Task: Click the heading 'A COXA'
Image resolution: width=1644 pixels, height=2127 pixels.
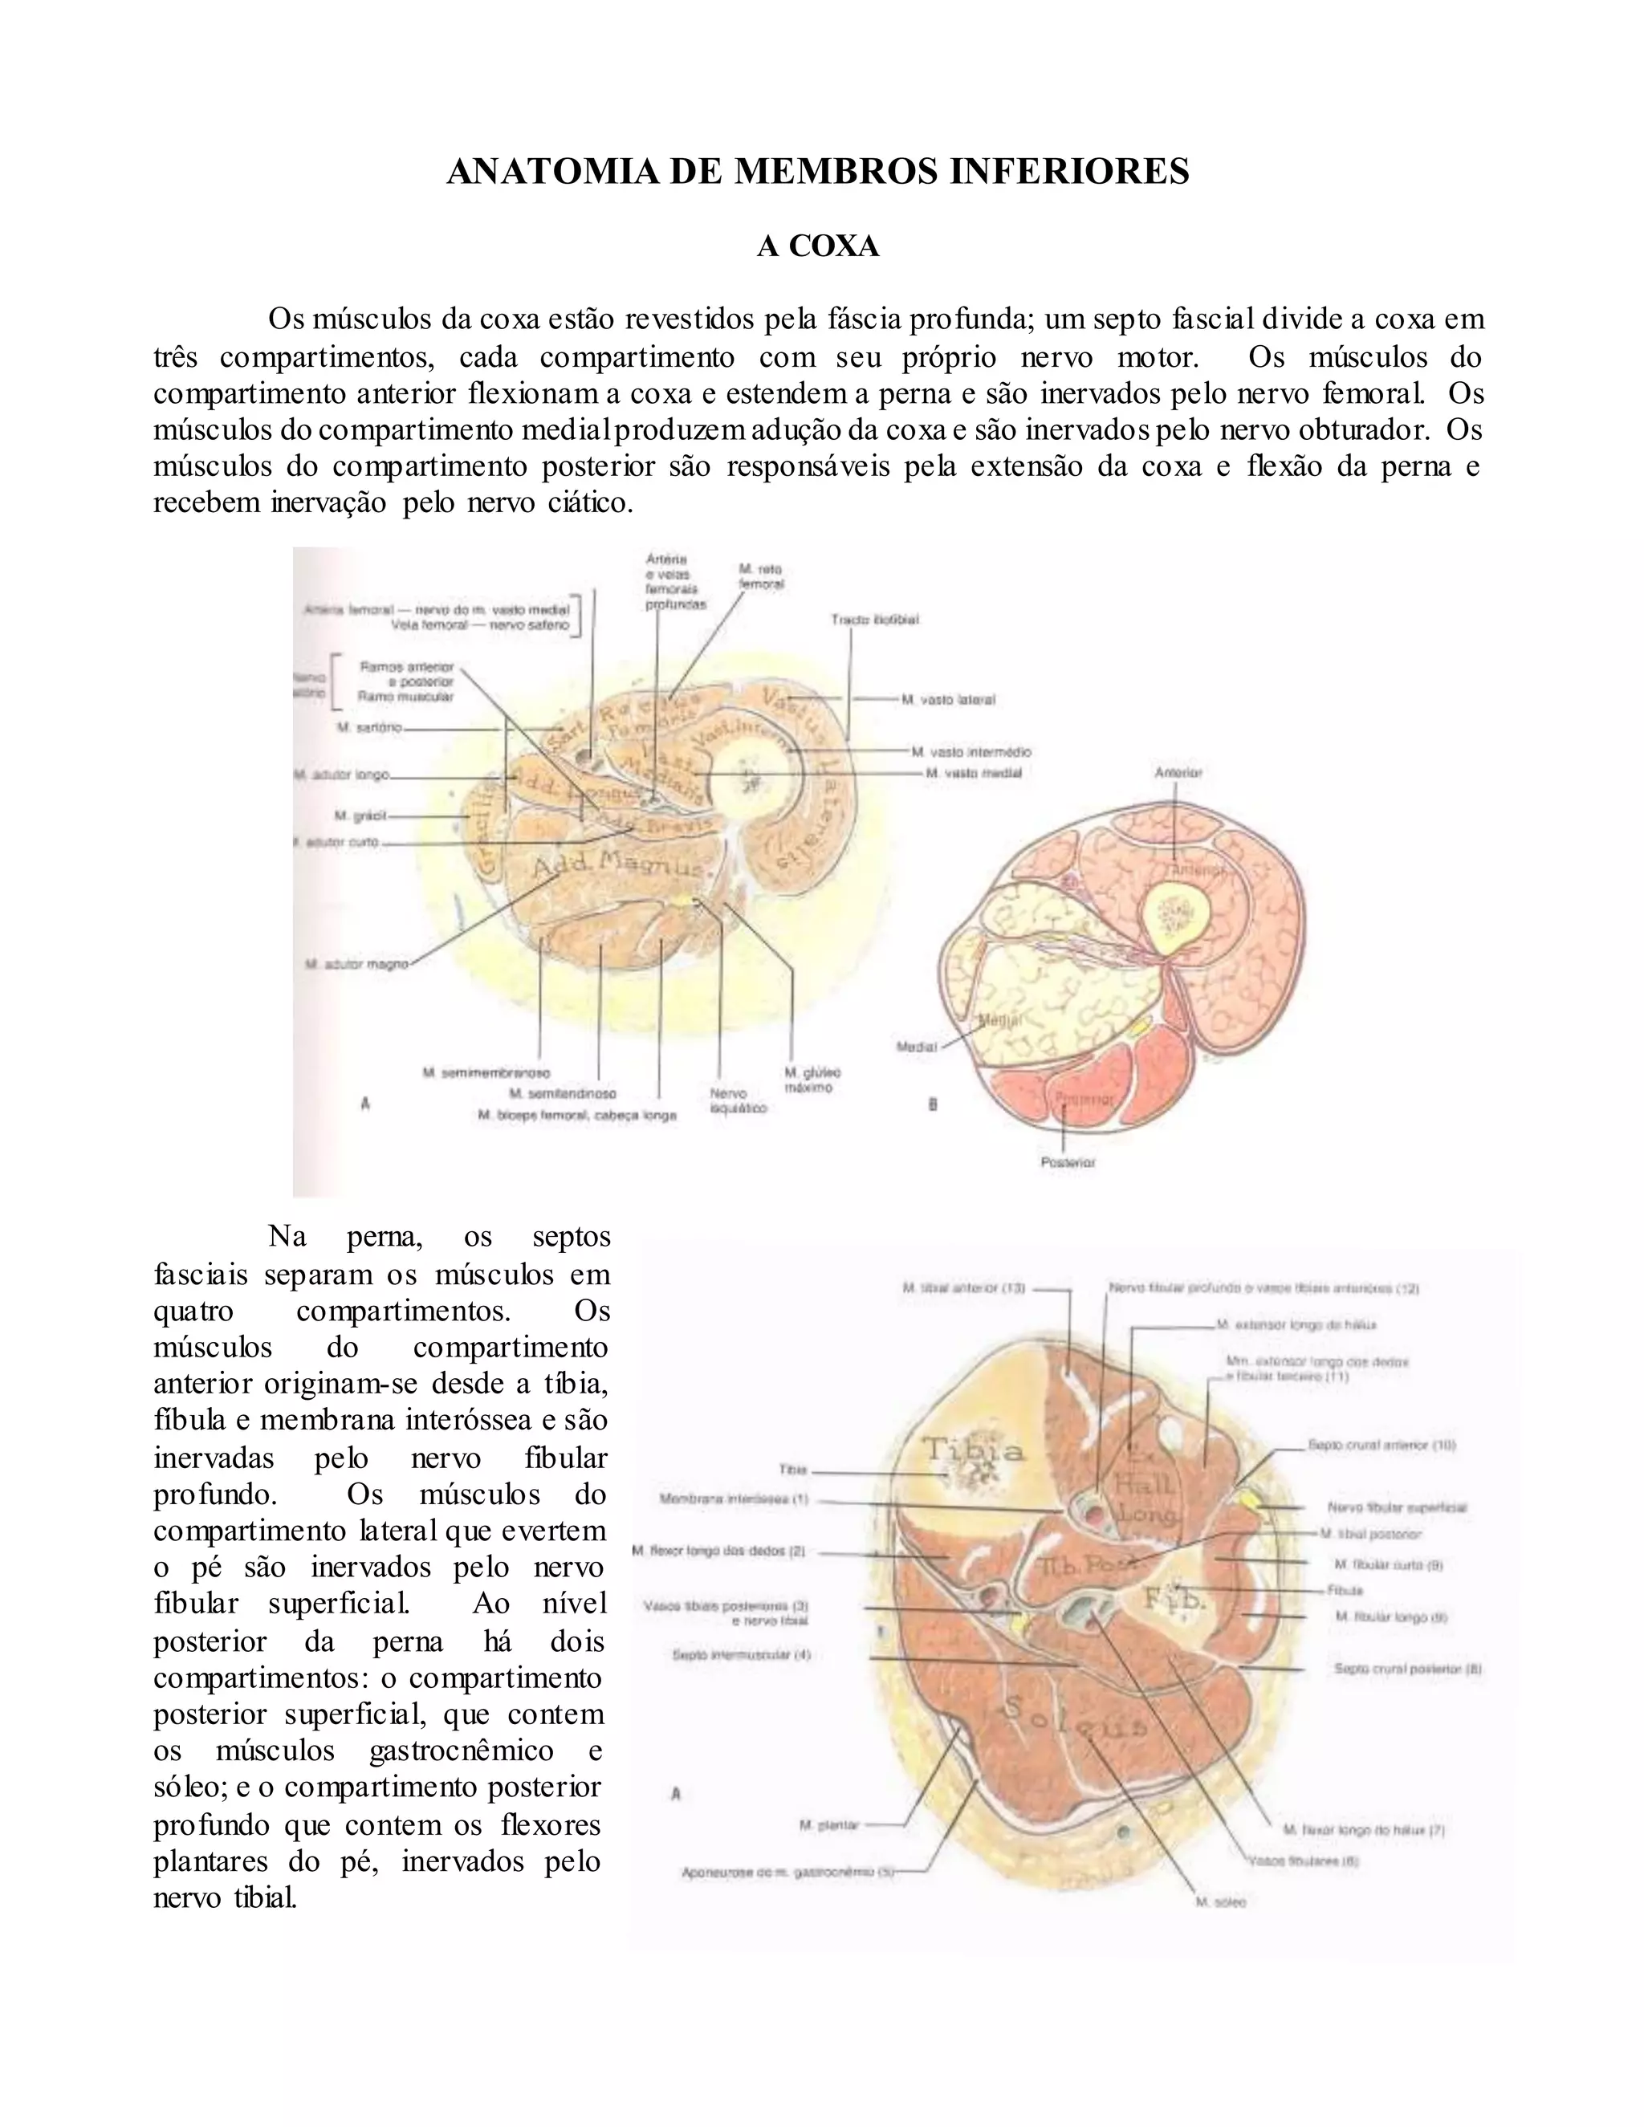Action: pyautogui.click(x=818, y=246)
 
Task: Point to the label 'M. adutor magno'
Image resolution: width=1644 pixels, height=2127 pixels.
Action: pyautogui.click(x=356, y=963)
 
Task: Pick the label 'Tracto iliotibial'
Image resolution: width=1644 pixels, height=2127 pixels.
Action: pyautogui.click(x=875, y=620)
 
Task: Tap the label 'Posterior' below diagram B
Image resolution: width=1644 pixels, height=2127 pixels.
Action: pyautogui.click(x=1068, y=1162)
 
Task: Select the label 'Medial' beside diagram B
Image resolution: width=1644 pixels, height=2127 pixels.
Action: pyautogui.click(x=917, y=1047)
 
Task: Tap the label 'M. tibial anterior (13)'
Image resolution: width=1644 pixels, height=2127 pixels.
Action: pyautogui.click(x=963, y=1287)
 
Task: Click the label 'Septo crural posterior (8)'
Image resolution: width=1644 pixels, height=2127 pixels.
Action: pyautogui.click(x=1407, y=1669)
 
